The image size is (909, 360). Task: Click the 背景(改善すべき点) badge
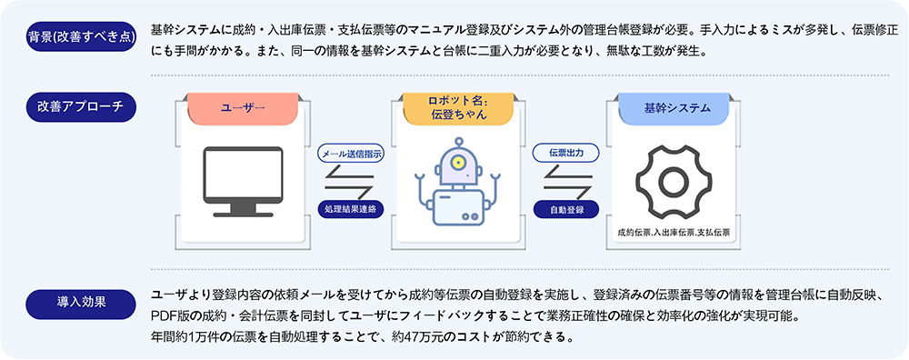[82, 36]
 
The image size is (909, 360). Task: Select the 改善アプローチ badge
[82, 106]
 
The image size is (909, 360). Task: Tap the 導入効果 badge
[82, 305]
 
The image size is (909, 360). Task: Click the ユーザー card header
[243, 108]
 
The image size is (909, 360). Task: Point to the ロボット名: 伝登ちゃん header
[458, 108]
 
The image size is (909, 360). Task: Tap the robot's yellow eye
[459, 161]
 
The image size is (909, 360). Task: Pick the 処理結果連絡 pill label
[351, 209]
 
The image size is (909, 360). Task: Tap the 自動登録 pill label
[565, 209]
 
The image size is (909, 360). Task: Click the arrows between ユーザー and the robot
[350, 181]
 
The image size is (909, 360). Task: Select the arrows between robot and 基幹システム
[565, 181]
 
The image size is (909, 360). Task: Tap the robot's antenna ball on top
[459, 140]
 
